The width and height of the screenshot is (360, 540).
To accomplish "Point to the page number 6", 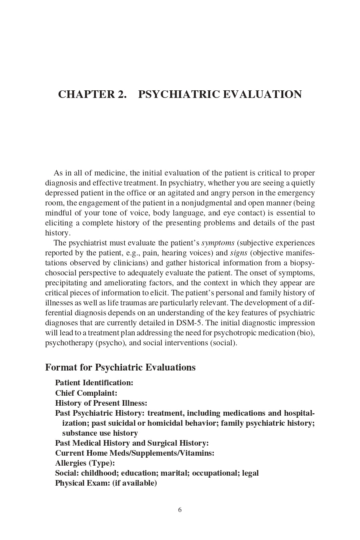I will coord(180,510).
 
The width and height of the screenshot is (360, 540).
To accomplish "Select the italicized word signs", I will coord(239,253).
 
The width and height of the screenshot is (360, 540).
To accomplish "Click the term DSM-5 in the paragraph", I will coord(190,323).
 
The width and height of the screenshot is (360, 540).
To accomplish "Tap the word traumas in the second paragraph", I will coord(123,303).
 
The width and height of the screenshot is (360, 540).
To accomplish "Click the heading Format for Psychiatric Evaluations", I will coord(120,367).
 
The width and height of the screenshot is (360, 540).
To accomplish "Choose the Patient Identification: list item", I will coord(94,383).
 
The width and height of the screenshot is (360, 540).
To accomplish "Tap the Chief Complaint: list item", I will coord(86,393).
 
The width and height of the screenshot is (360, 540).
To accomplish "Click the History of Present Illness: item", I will coord(101,403).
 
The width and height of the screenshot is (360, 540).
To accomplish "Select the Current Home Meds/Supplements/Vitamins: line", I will coord(135,453).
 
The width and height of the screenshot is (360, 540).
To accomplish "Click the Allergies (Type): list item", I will coord(85,463).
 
